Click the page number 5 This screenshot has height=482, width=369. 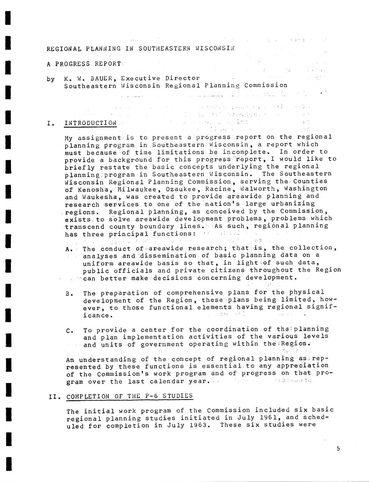coord(338,449)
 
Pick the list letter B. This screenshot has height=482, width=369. coord(69,293)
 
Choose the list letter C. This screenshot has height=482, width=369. coord(69,330)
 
